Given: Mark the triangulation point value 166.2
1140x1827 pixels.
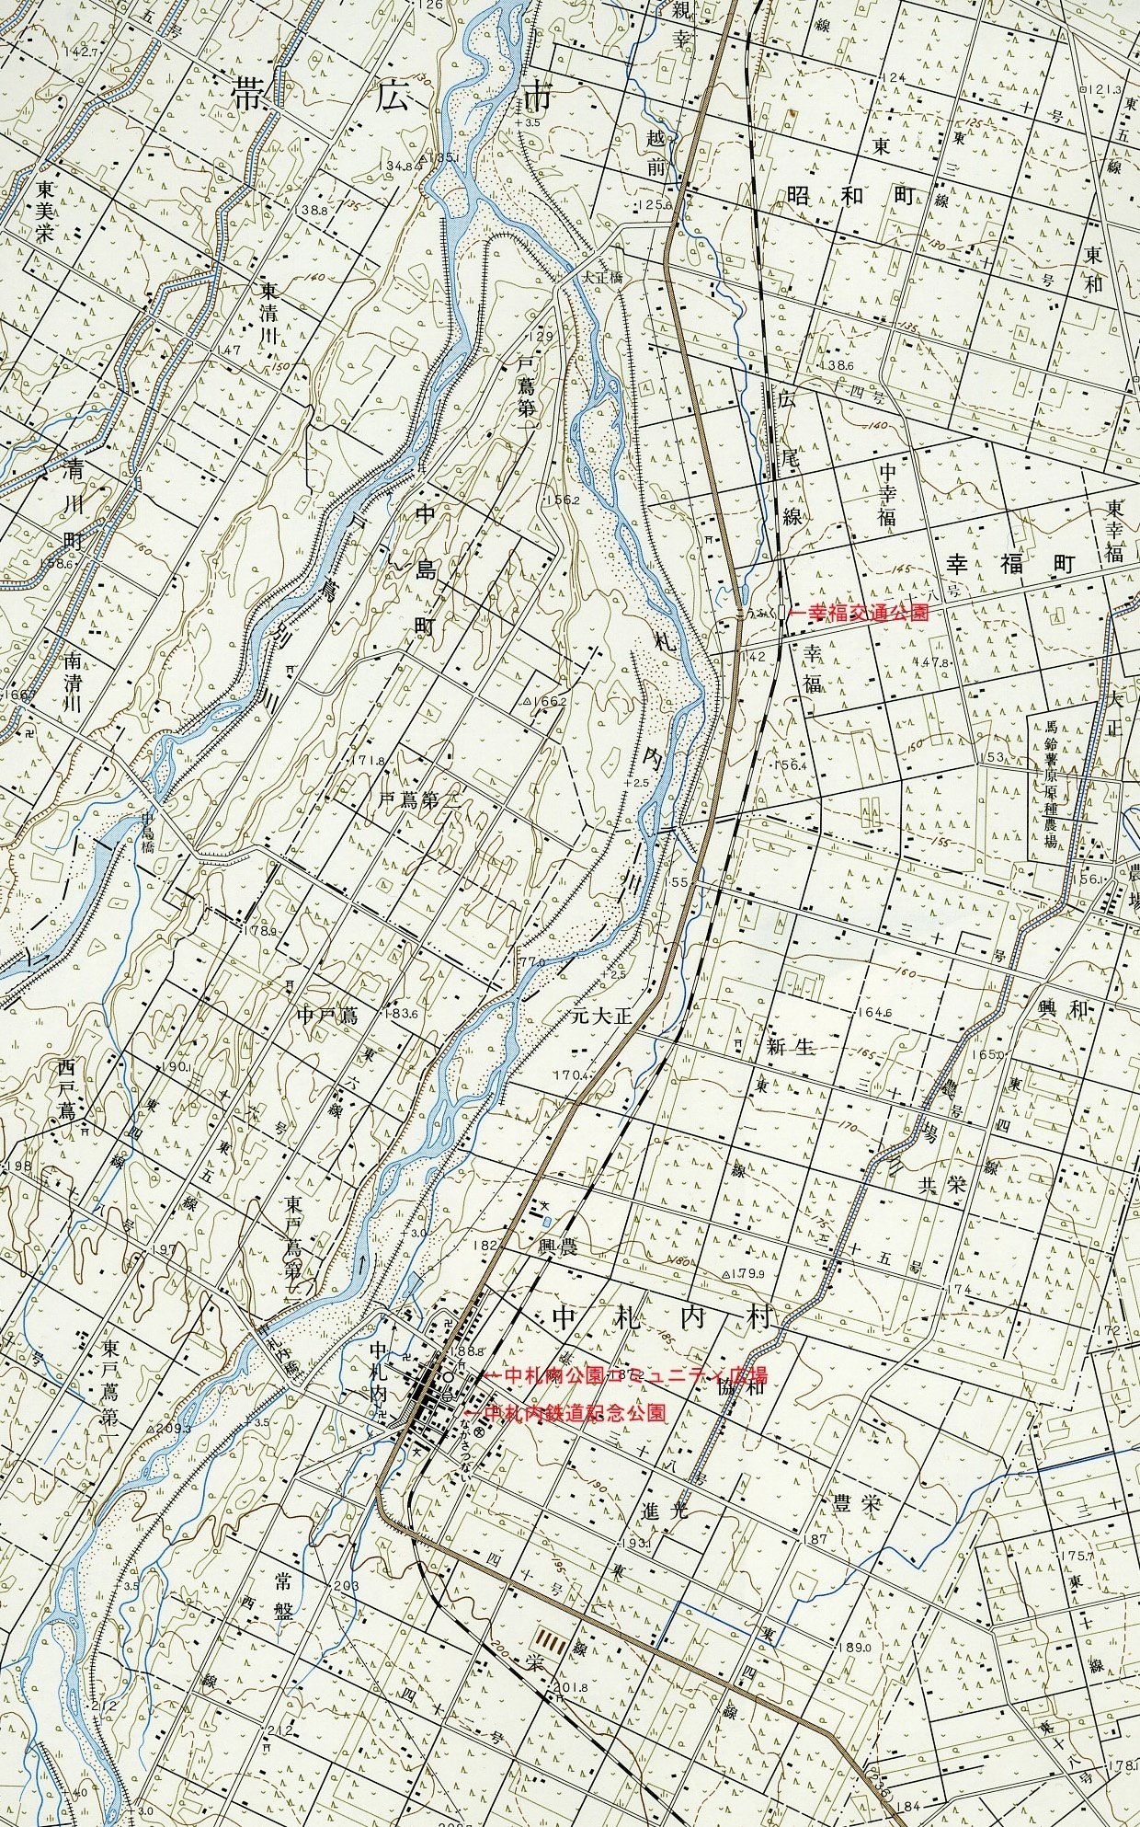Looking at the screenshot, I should (548, 701).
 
